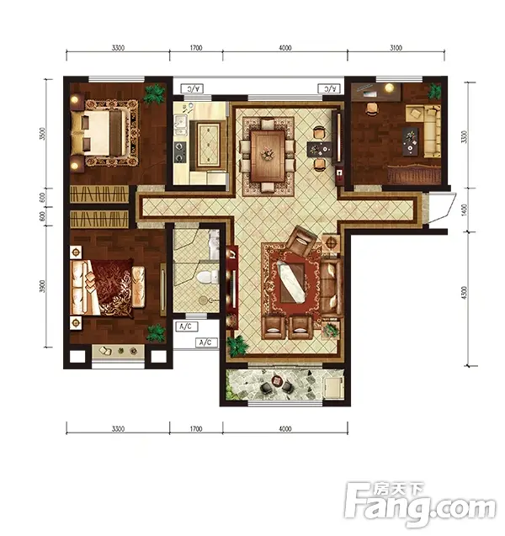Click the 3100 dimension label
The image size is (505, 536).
point(396,48)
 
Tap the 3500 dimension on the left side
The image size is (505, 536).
point(42,134)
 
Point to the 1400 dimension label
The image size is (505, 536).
point(464,210)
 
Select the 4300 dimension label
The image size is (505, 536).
point(464,293)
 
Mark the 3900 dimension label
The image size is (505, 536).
point(42,286)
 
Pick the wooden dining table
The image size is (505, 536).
point(268,156)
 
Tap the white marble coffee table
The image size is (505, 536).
point(291,282)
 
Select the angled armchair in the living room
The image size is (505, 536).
point(301,241)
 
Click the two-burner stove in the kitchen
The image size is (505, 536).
point(180,152)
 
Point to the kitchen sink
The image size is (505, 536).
point(180,126)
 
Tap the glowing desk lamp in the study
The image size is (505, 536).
point(389,88)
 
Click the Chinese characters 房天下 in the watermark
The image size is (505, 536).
point(398,490)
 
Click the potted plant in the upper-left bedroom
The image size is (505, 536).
point(154,94)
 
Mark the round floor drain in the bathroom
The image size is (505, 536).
point(203,300)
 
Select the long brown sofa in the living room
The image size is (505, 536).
point(331,287)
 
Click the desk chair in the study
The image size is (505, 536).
point(372,109)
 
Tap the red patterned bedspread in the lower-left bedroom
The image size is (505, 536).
point(112,286)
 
